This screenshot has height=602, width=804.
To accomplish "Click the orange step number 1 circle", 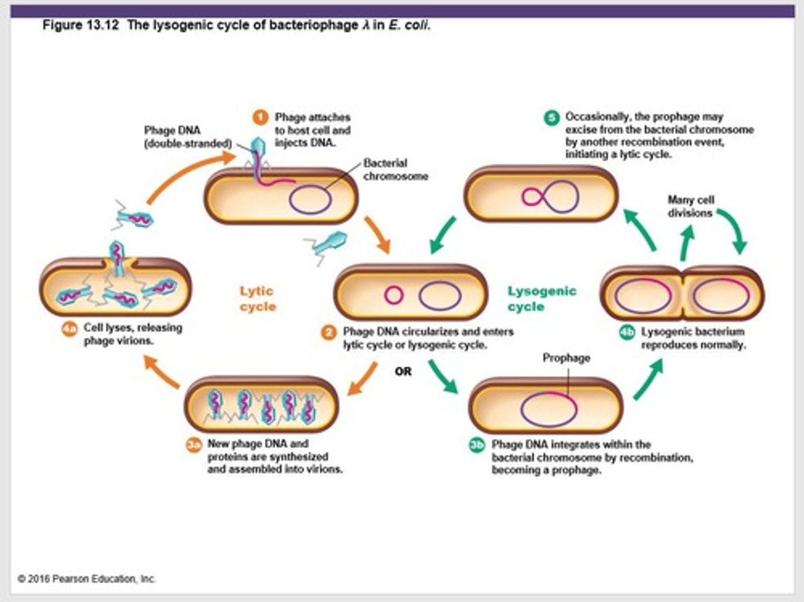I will pos(260,117).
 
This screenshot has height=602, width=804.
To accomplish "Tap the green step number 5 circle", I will pos(552,117).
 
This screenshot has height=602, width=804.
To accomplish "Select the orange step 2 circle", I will pos(328,333).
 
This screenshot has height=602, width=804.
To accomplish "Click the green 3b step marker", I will pos(477,445).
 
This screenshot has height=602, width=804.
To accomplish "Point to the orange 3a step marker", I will pos(193,445).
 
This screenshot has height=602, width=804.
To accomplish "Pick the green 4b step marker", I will pos(627,333).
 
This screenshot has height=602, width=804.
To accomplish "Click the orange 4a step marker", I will pos(69,329).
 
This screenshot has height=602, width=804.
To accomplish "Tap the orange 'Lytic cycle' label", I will pos(257,298).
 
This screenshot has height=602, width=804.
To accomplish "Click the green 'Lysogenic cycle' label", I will pos(541,298).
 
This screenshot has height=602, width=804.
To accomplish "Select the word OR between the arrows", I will pos(403,372).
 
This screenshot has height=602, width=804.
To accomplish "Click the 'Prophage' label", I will pos(566,358).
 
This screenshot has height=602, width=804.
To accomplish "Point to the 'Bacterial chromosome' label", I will pos(395,169).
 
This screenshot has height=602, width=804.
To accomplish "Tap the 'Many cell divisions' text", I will pos(690,206).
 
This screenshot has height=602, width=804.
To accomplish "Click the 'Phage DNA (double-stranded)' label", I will pos(187,137).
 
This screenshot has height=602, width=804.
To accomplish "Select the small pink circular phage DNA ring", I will pos(394,295).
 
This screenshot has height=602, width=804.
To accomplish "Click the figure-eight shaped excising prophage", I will pos(549,196).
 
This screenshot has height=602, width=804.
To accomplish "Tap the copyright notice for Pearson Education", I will pos(87,579).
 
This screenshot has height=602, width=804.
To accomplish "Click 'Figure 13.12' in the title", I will pos(80,25).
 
